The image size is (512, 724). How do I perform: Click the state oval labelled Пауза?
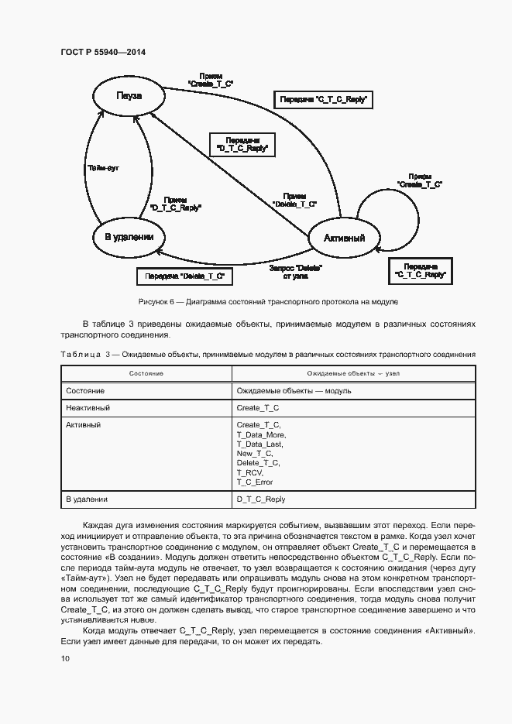129,96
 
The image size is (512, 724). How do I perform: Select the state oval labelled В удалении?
129,237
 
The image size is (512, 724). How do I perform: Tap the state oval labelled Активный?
344,238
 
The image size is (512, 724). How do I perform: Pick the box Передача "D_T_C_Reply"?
242,143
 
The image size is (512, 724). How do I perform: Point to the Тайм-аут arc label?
101,166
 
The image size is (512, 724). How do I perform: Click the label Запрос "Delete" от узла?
295,272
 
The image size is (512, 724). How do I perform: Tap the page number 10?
65,658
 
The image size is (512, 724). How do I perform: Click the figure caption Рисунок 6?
268,301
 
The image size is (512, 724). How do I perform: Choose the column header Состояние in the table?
146,373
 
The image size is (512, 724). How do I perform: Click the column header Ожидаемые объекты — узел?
353,373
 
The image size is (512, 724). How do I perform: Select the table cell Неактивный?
88,407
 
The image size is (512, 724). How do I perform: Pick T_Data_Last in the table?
260,444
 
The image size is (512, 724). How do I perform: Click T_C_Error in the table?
255,482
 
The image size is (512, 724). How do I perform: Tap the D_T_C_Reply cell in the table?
261,499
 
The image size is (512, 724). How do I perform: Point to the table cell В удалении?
87,499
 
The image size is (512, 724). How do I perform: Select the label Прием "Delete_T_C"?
295,200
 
